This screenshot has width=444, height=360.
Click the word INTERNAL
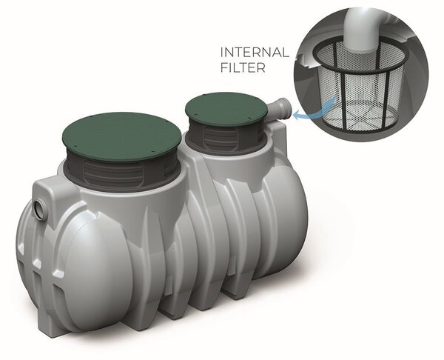coord(255,53)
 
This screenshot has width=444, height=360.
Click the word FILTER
coord(243,67)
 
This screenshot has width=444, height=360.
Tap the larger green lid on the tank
coord(121,133)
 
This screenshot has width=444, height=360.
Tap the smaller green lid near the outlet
coord(226,108)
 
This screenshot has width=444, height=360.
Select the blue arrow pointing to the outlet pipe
coord(314,110)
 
